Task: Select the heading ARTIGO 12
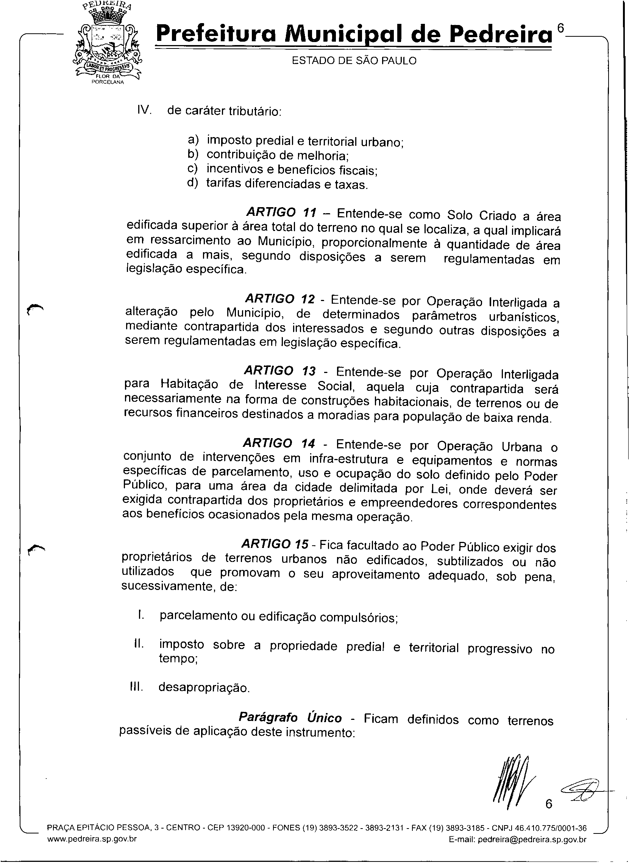(280, 298)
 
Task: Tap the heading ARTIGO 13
(280, 370)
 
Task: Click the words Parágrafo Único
(290, 718)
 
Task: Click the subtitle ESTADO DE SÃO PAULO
(354, 61)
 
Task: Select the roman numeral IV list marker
(144, 110)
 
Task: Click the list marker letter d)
(193, 183)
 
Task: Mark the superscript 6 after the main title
(560, 28)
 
